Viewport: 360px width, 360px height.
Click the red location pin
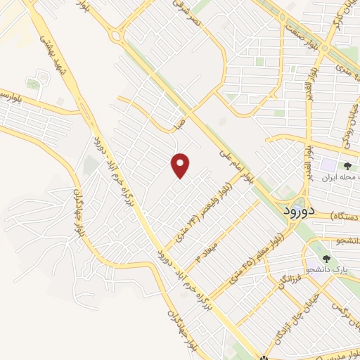pos(181,166)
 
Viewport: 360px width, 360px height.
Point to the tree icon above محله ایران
pos(347,166)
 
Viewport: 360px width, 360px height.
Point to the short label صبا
pos(181,126)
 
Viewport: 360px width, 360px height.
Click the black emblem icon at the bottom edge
pos(264,356)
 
